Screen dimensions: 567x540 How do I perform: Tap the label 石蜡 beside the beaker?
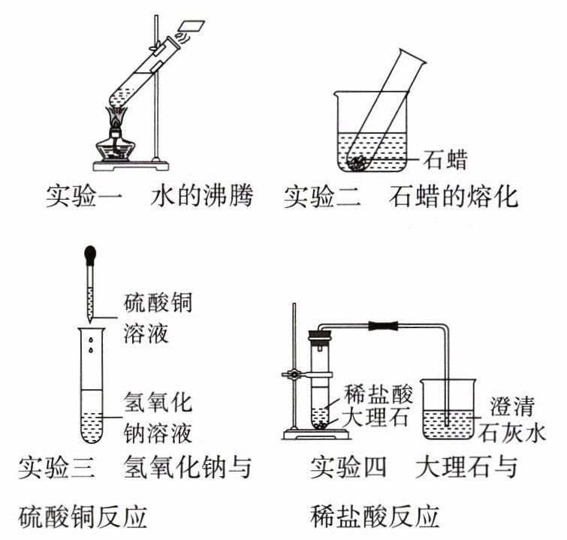445,159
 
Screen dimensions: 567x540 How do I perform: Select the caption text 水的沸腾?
201,197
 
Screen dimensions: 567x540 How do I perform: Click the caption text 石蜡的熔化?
454,197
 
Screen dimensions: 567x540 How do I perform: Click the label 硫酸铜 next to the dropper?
157,304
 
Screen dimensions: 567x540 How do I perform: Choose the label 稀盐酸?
375,392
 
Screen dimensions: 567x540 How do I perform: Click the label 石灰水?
518,433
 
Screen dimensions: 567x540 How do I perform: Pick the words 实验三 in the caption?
56,466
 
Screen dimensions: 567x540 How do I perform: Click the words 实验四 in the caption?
348,466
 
